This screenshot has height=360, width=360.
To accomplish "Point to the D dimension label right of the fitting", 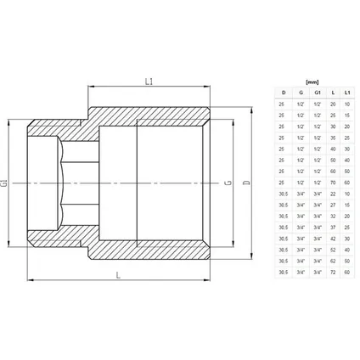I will (x=247, y=182).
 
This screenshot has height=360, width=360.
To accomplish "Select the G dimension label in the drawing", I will (x=225, y=182).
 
